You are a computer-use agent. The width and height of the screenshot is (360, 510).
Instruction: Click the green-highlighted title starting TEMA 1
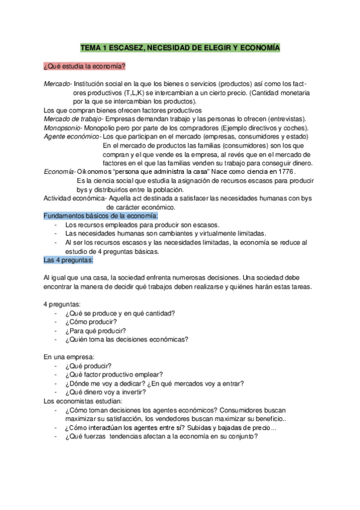180,47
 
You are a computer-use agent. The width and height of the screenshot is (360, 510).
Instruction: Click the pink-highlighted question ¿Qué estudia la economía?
85,66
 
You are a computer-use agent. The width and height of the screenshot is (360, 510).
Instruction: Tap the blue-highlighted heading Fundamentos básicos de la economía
101,215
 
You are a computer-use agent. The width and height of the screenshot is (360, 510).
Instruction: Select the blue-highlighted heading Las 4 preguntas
69,260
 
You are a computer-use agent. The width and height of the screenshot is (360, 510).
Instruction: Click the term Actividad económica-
75,198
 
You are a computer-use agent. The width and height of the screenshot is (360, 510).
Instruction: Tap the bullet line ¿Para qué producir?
95,330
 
